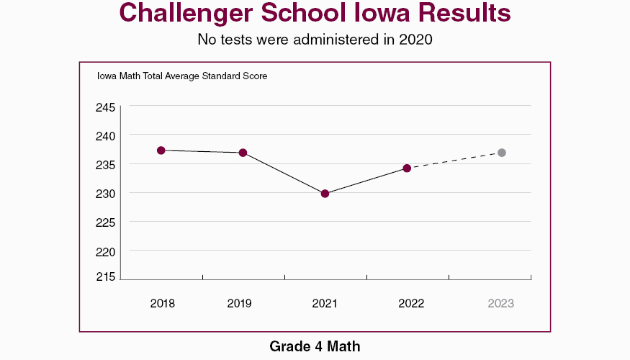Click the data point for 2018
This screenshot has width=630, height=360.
(x=161, y=150)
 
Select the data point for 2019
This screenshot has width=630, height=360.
(x=243, y=153)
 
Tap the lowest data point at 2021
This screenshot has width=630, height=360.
(x=325, y=194)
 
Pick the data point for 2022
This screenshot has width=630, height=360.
(x=407, y=168)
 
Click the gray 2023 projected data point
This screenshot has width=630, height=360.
(x=502, y=153)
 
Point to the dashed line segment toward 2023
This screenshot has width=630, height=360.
(x=454, y=161)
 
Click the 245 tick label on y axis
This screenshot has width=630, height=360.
(x=106, y=107)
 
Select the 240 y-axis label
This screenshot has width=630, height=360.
(x=106, y=135)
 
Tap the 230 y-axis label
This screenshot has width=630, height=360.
(x=106, y=193)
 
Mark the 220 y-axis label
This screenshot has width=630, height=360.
(x=106, y=251)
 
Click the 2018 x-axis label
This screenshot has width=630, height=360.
(x=163, y=303)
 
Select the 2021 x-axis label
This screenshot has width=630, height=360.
(x=325, y=303)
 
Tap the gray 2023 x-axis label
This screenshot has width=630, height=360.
(x=500, y=303)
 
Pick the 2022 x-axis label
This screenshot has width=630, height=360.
(x=411, y=303)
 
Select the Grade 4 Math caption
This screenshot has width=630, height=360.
(x=315, y=346)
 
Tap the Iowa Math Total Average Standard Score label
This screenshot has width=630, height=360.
(x=182, y=76)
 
